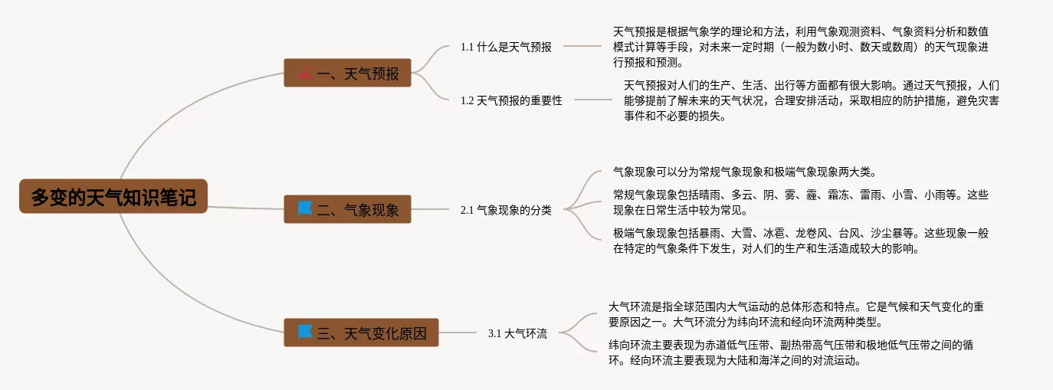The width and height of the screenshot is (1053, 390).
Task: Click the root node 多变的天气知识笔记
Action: pos(113,197)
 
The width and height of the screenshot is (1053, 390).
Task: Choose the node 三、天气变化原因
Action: pos(361,333)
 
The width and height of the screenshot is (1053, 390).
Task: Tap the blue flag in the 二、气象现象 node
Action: pos(305,208)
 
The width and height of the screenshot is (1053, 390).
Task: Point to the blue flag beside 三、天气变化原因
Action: pos(305,332)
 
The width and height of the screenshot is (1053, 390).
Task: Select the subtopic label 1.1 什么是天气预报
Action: pos(506,46)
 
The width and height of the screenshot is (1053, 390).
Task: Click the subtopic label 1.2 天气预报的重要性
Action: pos(511,100)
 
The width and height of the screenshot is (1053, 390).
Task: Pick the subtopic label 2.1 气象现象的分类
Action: pos(506,209)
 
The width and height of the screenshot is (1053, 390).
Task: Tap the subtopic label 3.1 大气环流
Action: pos(517,333)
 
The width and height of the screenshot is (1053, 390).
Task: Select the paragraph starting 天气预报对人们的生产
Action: pos(810,100)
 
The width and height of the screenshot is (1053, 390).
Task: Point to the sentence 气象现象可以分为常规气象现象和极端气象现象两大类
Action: pos(743,172)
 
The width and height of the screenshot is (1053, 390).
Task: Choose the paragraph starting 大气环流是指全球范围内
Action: pos(790,314)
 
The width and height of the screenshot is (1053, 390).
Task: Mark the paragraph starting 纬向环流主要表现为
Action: pos(790,352)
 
